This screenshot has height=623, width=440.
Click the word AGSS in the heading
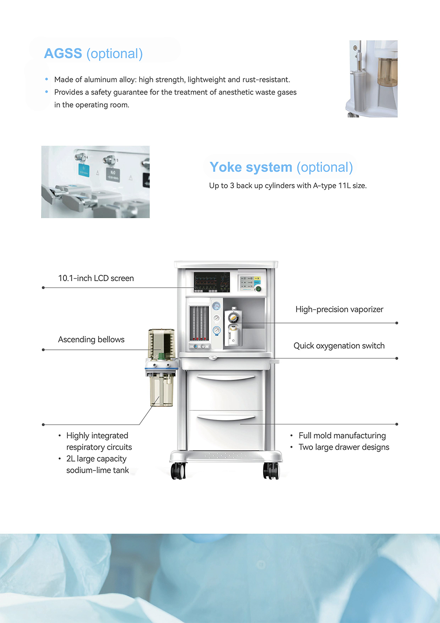coord(63,54)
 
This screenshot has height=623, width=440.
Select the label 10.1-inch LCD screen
coord(96,278)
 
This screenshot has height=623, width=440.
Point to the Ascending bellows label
coord(91,340)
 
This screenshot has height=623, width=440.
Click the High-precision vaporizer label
coord(339,309)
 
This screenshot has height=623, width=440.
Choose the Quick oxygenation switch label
coord(339,346)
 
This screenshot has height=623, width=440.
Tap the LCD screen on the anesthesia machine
coord(212,282)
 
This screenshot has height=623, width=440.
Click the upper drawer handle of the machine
coord(226,378)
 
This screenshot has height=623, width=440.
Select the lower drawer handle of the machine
coord(226,417)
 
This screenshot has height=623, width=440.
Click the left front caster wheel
coord(178,471)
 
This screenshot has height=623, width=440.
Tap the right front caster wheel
coord(271,471)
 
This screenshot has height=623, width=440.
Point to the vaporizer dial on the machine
coord(233,317)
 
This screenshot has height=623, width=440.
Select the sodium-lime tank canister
coord(161,389)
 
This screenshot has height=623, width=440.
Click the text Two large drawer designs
coord(344,447)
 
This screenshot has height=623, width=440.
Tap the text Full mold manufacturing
coord(342,436)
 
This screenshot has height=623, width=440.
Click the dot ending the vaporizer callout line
coord(396,323)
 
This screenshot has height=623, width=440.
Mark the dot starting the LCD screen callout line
coord(43,288)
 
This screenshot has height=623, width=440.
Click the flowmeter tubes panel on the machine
coord(199,323)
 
